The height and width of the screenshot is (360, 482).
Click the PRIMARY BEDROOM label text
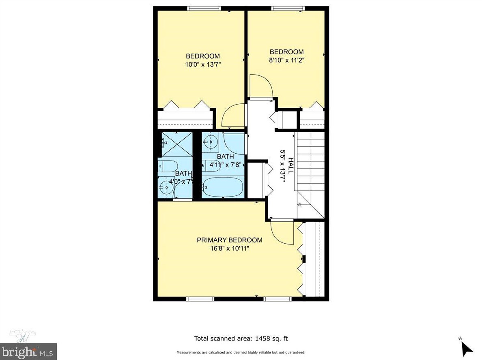pyautogui.click(x=229, y=240)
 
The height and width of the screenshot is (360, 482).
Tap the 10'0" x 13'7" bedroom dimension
pyautogui.click(x=203, y=64)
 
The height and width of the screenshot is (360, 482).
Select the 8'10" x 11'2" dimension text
pyautogui.click(x=286, y=60)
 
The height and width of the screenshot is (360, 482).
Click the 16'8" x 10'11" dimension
pyautogui.click(x=229, y=248)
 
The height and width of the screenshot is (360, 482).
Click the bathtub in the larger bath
pyautogui.click(x=223, y=187)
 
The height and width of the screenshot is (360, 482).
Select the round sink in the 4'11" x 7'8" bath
pyautogui.click(x=211, y=141)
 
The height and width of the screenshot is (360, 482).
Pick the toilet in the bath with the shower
pyautogui.click(x=168, y=166)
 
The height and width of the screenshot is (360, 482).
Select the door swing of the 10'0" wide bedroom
pyautogui.click(x=233, y=117)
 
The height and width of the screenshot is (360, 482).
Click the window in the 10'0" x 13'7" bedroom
pyautogui.click(x=204, y=8)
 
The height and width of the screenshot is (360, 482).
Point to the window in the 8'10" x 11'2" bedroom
pyautogui.click(x=287, y=8)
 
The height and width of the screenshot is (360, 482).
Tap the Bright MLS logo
pyautogui.click(x=28, y=351)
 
